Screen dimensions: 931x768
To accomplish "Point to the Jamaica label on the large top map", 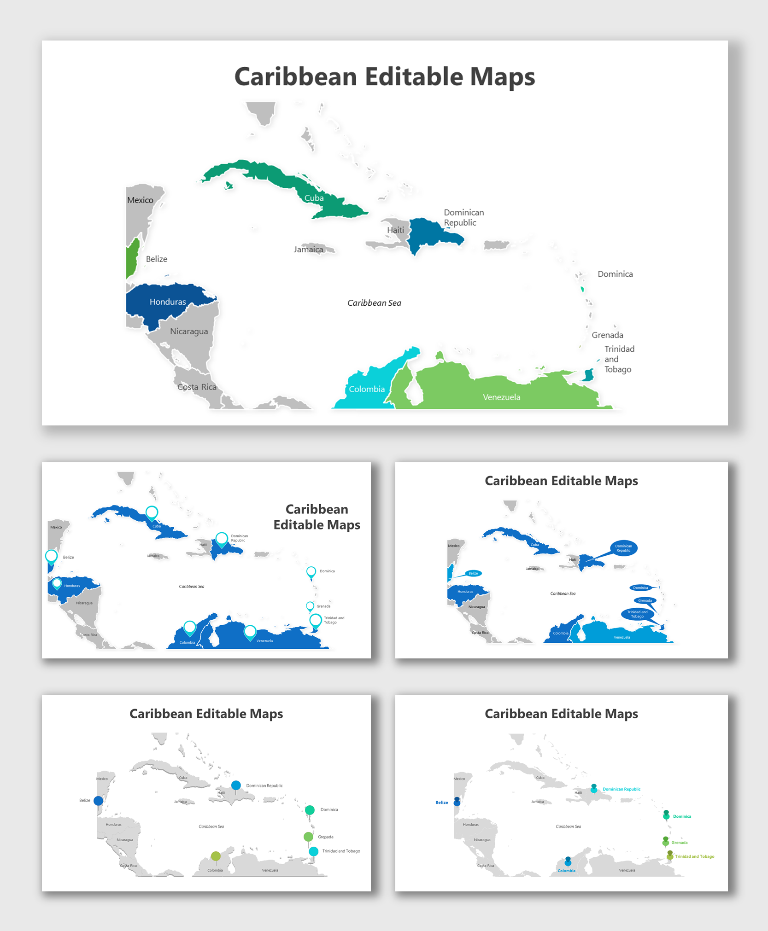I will [308, 250].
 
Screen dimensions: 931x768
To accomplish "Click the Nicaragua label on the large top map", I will [189, 332].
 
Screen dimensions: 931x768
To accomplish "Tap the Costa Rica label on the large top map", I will [197, 387].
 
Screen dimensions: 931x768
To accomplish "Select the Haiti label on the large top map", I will [395, 230].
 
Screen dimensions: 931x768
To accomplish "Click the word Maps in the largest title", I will [502, 76].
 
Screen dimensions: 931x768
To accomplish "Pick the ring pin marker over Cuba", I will [152, 512].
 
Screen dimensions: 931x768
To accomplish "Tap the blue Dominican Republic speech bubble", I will [623, 548].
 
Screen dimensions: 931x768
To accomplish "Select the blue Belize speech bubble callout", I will [473, 573].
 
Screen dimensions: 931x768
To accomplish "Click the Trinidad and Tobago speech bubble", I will [637, 614].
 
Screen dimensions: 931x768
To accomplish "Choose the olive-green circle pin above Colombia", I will [216, 856].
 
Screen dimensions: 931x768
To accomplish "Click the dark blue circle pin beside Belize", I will [98, 801].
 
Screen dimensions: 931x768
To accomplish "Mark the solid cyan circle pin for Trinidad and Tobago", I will [314, 851].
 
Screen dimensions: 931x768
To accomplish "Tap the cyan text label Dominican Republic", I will [621, 789].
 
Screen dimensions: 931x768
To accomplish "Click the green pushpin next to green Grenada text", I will [665, 841].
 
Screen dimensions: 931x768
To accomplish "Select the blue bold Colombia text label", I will [566, 871].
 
